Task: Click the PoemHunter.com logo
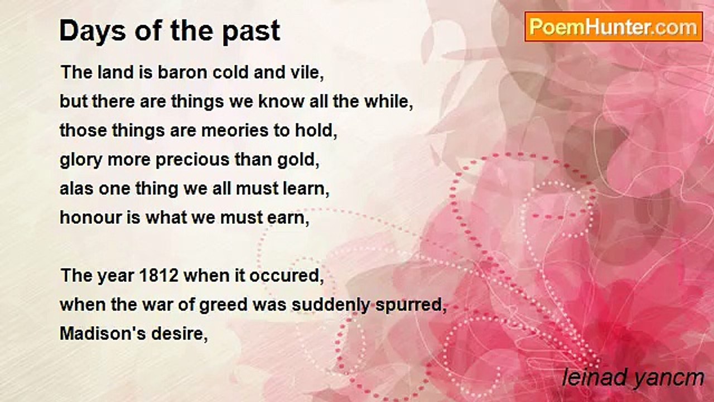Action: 614,27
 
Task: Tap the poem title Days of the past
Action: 170,31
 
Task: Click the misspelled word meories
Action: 235,131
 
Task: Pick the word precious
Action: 192,160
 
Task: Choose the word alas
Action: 76,189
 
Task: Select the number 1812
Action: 159,276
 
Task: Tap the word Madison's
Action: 103,334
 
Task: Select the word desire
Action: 180,334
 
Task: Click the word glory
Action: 81,160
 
